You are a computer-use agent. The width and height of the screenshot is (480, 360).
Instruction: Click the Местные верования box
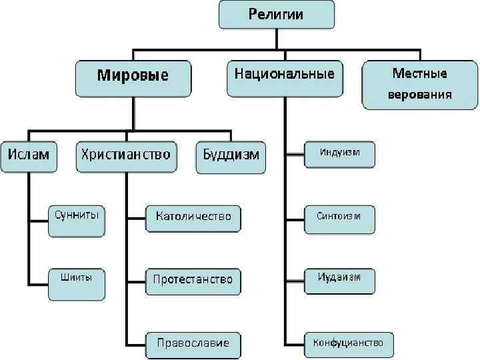coord(420,84)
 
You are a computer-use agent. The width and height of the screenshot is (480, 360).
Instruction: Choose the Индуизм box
coord(339,154)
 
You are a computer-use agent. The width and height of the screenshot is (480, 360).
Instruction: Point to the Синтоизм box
coord(339,218)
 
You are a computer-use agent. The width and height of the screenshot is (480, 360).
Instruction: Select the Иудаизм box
coord(339,280)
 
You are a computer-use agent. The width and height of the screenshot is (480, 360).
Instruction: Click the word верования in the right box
coord(420,94)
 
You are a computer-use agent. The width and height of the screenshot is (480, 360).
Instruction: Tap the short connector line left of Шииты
coord(38,281)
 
